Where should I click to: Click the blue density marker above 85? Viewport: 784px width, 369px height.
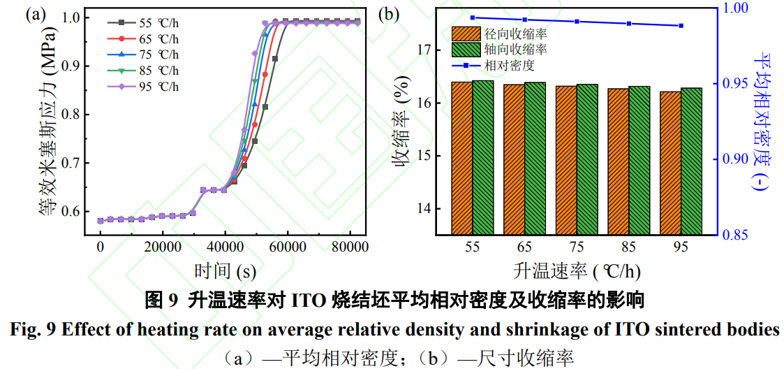point(629,23)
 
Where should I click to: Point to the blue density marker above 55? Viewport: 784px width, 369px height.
point(473,17)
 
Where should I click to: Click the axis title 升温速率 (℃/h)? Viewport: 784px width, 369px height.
point(577,270)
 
